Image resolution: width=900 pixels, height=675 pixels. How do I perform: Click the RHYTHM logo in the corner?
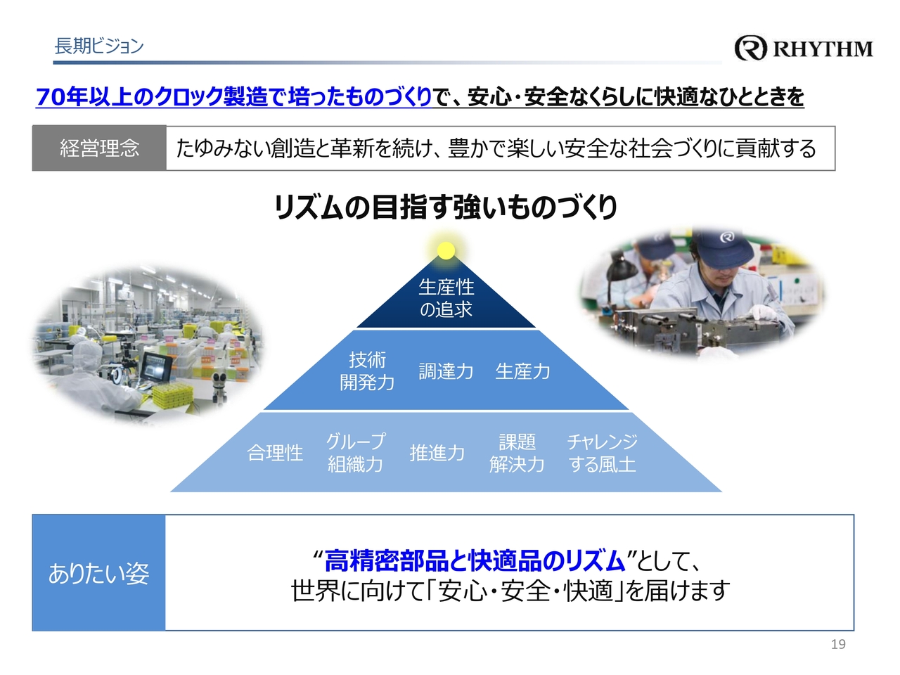803,49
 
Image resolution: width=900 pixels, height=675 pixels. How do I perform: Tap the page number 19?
838,644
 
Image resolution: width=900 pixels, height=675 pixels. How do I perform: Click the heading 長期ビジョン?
99,46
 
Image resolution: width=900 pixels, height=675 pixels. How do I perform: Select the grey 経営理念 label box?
99,148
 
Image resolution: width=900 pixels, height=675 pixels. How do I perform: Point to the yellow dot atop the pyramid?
446,250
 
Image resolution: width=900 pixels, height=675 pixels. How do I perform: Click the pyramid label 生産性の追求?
446,298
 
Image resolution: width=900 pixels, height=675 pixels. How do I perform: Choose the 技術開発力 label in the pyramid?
367,371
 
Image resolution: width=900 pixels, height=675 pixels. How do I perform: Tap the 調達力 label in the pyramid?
446,371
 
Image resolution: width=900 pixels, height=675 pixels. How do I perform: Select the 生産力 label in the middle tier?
522,371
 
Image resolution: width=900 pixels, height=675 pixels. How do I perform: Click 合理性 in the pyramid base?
275,453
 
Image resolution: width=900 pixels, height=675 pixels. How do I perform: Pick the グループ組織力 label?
356,453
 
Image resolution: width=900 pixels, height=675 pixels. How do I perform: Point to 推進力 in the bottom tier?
437,453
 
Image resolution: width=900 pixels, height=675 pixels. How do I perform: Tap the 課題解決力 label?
517,453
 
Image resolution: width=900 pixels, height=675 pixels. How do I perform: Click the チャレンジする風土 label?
603,453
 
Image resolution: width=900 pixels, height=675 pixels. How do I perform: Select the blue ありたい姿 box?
99,572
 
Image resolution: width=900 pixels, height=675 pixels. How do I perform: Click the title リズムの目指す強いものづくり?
446,207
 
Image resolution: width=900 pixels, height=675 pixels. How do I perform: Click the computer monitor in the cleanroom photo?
157,366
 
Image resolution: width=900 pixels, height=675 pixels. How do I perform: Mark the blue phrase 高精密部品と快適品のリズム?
475,560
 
